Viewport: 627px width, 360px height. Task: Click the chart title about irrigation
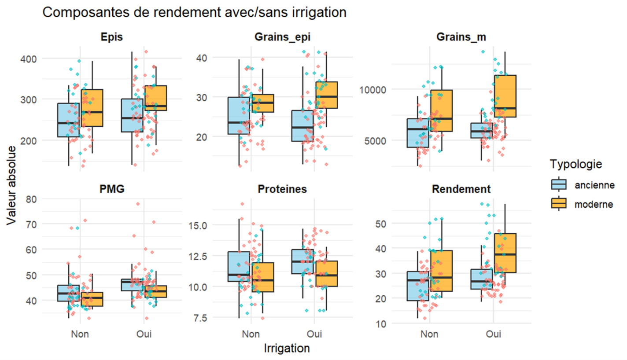tap(194, 12)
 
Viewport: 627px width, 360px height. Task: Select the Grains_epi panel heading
tap(282, 38)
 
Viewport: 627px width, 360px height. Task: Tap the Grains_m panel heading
tap(461, 38)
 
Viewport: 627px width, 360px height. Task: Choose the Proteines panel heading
tap(282, 189)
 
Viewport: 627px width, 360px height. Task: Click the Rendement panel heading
tap(461, 189)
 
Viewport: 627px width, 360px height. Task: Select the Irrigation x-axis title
tap(286, 348)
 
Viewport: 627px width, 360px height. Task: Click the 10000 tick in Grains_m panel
tap(371, 90)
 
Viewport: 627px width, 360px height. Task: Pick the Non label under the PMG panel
tap(81, 334)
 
